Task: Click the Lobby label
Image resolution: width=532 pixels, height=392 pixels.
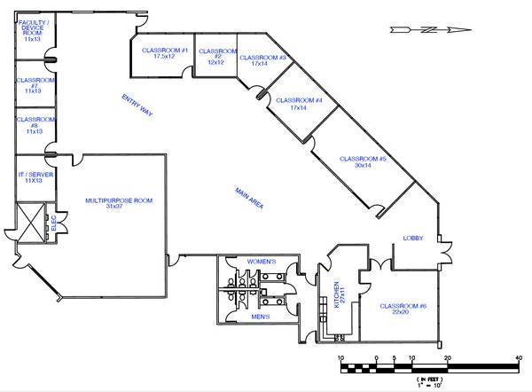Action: coord(413,238)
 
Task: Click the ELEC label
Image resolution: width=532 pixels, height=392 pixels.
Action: coord(53,223)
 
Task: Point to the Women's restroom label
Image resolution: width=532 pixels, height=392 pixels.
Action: coord(262,262)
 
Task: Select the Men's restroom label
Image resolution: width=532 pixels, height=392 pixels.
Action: coord(261,317)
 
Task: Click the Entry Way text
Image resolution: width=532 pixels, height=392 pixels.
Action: coord(137,106)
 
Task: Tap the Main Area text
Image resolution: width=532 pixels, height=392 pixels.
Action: coord(249,198)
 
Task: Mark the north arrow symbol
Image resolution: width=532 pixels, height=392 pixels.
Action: coord(430,30)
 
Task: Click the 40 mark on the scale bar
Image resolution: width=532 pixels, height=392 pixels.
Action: coord(518,357)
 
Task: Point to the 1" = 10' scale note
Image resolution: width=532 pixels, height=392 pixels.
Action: coord(429,385)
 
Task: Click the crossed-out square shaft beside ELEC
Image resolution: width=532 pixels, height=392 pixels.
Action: coord(30,223)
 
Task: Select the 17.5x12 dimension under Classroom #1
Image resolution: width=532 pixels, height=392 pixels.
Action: coord(164,56)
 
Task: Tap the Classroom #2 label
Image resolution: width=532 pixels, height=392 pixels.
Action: coord(217,57)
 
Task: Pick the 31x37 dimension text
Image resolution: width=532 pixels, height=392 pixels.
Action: coord(114,206)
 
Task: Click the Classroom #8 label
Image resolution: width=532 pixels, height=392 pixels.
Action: coord(35,125)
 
